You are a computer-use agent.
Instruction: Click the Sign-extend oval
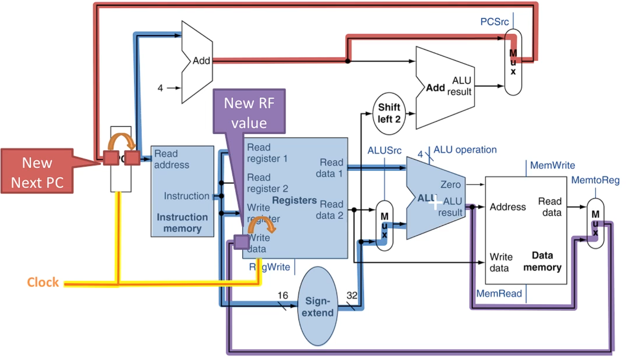click(x=318, y=306)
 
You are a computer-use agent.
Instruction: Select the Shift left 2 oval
click(x=389, y=113)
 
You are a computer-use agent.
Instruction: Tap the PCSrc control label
click(x=494, y=22)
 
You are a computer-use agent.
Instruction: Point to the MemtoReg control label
click(x=595, y=180)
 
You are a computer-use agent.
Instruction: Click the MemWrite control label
click(x=552, y=165)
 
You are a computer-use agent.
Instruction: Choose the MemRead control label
click(x=499, y=293)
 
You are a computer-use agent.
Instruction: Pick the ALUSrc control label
click(x=384, y=150)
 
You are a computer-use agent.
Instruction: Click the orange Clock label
click(x=43, y=282)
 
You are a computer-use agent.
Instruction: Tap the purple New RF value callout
click(x=249, y=112)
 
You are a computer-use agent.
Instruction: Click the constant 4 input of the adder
click(x=160, y=88)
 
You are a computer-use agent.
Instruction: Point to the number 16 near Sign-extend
click(x=283, y=295)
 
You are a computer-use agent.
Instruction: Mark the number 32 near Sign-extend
click(x=352, y=295)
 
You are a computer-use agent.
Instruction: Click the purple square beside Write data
click(x=241, y=242)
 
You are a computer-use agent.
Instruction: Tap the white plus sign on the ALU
click(x=435, y=203)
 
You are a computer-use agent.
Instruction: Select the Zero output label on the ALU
click(x=451, y=185)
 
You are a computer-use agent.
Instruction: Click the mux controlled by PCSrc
click(x=513, y=62)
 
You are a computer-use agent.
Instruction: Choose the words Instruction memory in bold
click(x=182, y=223)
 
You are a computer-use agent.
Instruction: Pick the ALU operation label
click(x=465, y=150)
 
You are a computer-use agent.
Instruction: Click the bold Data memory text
click(x=542, y=261)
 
